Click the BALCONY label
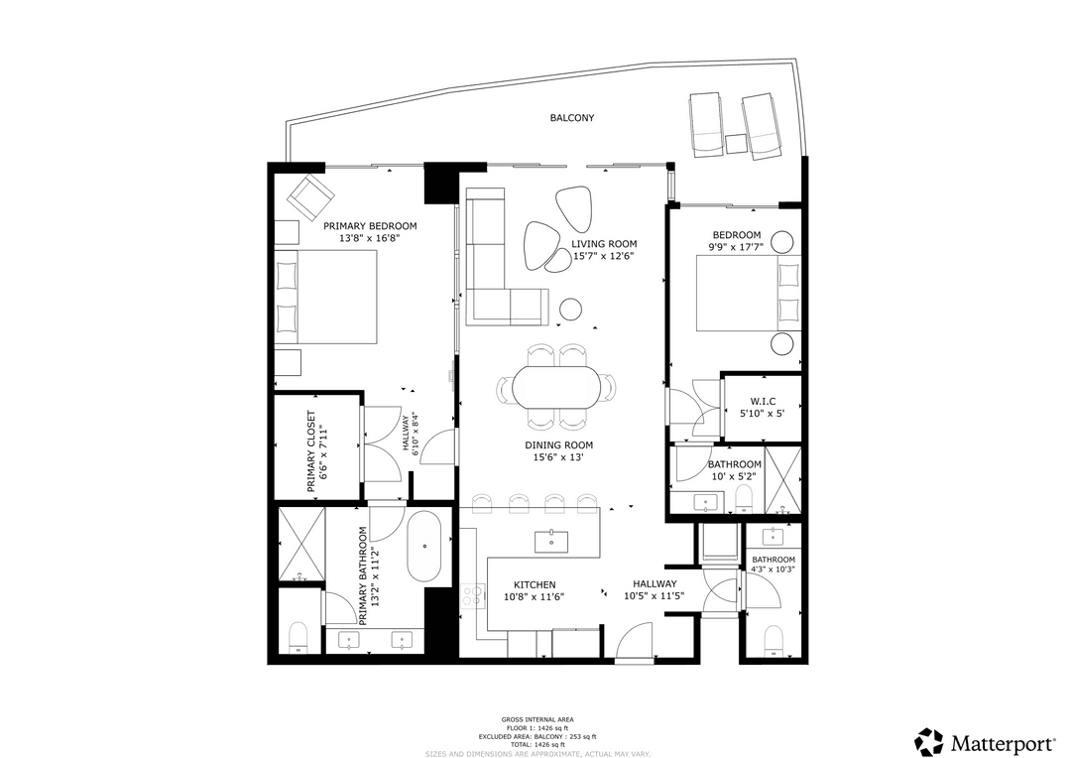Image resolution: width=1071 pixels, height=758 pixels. [572, 118]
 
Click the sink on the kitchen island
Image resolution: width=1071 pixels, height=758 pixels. [551, 541]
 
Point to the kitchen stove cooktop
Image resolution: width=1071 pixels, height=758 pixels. [473, 595]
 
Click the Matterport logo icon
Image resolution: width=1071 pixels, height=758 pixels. [929, 741]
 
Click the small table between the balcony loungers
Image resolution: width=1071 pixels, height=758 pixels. [736, 144]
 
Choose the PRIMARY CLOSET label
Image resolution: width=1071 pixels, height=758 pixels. [310, 451]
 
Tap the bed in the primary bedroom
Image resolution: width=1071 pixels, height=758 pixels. [327, 296]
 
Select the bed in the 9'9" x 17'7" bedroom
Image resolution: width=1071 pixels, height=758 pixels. [749, 293]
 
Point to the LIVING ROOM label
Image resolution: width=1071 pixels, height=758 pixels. [603, 243]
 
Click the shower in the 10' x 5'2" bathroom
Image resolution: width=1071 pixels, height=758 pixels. [782, 480]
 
